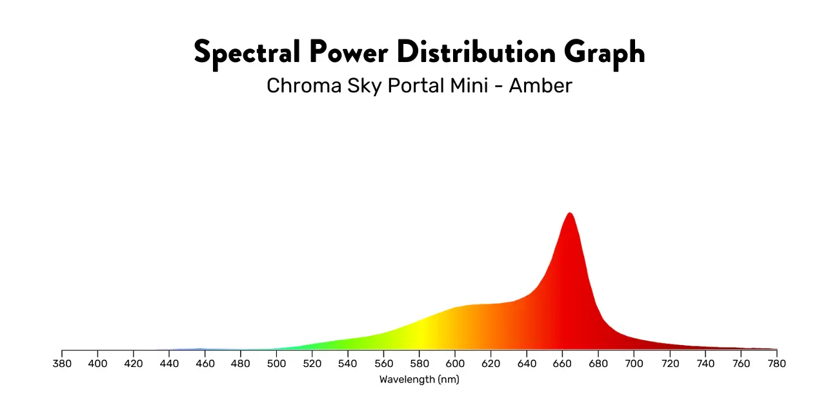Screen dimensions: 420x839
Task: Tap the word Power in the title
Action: click(x=349, y=52)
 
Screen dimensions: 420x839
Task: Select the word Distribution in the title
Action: click(x=476, y=52)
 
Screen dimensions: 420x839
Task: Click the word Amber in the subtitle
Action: click(x=540, y=86)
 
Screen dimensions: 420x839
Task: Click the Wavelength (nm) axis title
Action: click(x=419, y=380)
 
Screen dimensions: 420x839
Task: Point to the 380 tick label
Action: click(x=62, y=364)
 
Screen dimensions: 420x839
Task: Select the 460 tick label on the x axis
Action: click(x=205, y=364)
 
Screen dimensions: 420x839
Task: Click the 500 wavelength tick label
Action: click(x=276, y=364)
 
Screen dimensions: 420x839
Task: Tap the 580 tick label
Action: click(x=419, y=364)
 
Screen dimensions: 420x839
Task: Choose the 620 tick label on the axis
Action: click(x=491, y=364)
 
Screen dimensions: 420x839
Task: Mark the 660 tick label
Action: click(x=562, y=364)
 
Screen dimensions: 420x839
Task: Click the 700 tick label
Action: click(x=634, y=364)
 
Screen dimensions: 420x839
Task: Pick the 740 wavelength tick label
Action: click(x=705, y=364)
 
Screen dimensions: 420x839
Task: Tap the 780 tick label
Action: click(x=776, y=364)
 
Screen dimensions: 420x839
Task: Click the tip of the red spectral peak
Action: click(x=569, y=213)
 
